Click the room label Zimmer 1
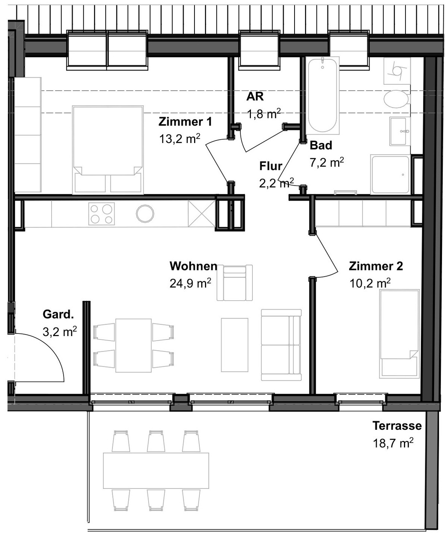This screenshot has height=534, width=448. [185, 122]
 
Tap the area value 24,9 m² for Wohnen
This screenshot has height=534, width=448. [190, 283]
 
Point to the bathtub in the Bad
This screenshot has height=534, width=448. [323, 95]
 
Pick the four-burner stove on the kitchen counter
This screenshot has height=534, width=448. [102, 214]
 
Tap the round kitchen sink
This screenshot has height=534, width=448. [145, 214]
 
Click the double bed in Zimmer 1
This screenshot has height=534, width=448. [108, 150]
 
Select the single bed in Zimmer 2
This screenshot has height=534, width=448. [399, 334]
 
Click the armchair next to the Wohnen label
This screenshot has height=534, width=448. [234, 283]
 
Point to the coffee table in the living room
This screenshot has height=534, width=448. [234, 345]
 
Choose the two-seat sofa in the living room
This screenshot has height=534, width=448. [281, 345]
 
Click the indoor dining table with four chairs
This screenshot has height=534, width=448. [134, 345]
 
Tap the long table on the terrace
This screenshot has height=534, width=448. [156, 471]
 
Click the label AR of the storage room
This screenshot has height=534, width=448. [255, 97]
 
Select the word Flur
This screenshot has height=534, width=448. [271, 166]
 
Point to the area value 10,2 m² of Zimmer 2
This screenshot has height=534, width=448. [370, 283]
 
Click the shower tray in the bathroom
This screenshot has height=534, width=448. [391, 174]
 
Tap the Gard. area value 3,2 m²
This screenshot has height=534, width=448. [60, 332]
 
